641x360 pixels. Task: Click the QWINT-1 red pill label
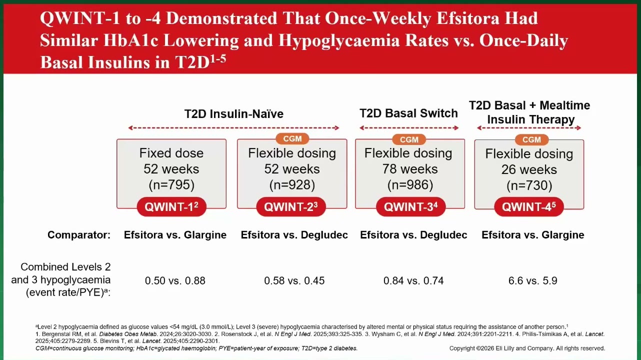point(171,206)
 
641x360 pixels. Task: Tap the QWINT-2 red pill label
point(291,206)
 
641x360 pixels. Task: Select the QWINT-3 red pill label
point(410,206)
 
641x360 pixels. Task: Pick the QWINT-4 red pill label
point(529,206)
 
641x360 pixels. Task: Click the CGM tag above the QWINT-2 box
point(292,139)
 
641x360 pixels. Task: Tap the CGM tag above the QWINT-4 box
point(531,139)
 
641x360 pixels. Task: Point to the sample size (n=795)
point(171,185)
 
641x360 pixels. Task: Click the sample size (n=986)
point(410,185)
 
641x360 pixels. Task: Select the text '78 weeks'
point(410,169)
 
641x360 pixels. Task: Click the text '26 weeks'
point(529,169)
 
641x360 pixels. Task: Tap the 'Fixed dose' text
point(171,153)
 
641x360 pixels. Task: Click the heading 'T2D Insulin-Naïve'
point(234,114)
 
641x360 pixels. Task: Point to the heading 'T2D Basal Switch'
point(408,113)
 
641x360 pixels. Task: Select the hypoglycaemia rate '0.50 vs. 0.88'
point(175,280)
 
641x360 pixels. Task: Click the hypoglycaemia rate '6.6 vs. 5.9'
point(533,280)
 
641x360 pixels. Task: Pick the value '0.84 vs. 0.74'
point(413,280)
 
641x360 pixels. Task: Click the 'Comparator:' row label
point(79,235)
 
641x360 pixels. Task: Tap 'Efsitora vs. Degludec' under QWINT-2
point(294,235)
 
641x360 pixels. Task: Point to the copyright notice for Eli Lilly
point(527,348)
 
